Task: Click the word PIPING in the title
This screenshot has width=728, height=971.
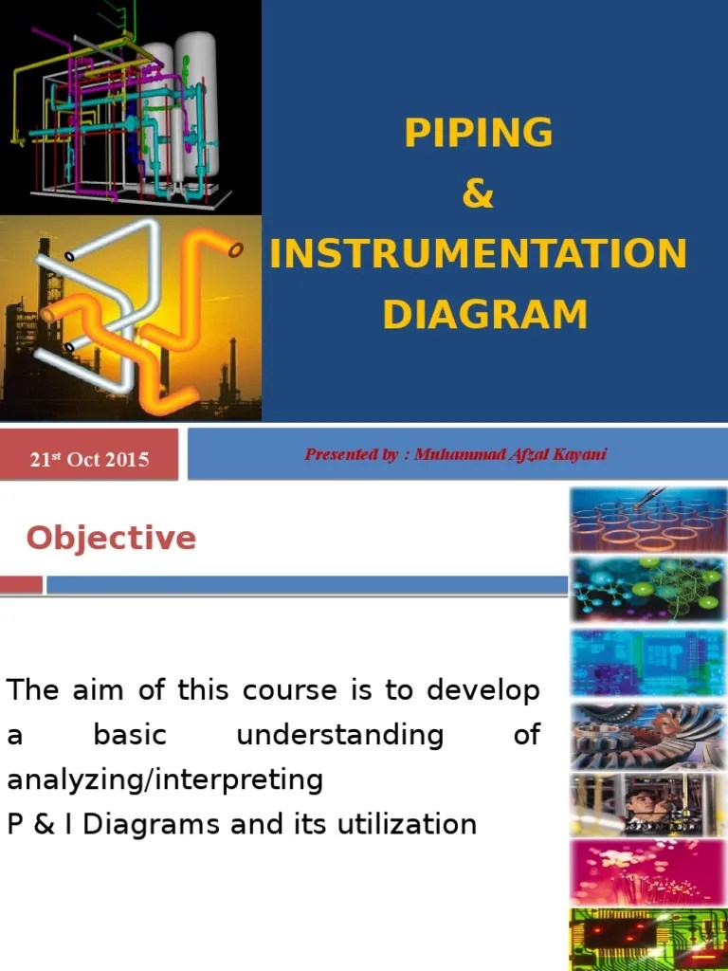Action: pos(478,133)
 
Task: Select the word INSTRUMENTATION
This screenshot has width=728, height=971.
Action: pos(478,254)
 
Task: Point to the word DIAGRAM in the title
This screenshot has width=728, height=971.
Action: pos(484,314)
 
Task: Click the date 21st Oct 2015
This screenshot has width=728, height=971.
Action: pos(89,459)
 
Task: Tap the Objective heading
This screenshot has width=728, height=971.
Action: pos(111,538)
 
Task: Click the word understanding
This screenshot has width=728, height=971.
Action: pos(339,735)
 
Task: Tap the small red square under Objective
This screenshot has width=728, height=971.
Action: pos(21,584)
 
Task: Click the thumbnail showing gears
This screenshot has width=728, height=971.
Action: pos(647,736)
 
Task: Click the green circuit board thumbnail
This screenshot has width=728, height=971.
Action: pos(647,939)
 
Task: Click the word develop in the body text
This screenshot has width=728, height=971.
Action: pos(482,689)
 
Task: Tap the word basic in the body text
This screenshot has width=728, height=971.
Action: pos(130,735)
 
